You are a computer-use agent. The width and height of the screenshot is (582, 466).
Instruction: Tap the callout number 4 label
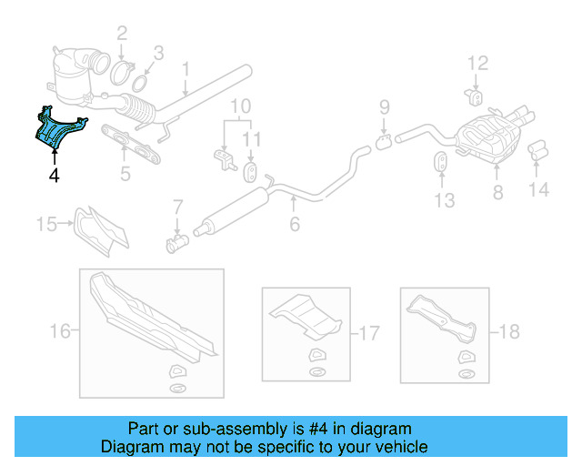pyautogui.click(x=55, y=175)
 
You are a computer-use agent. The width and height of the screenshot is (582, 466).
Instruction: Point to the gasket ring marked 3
pyautogui.click(x=139, y=84)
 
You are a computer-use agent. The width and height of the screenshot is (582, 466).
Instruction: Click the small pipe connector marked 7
pyautogui.click(x=177, y=242)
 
